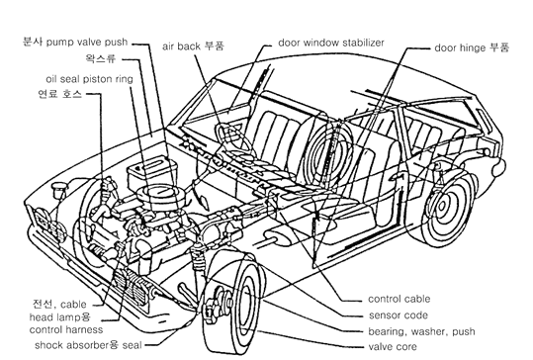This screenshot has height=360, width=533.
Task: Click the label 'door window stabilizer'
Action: (x=331, y=43)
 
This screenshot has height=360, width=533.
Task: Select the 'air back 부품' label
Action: (x=193, y=45)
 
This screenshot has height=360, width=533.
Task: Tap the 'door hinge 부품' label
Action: (x=472, y=47)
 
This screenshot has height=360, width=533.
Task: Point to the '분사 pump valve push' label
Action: (x=75, y=42)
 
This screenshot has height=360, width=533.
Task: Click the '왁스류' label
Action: (x=101, y=58)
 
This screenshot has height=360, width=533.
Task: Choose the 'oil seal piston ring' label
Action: (x=89, y=79)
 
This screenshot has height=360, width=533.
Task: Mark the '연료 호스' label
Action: (x=60, y=94)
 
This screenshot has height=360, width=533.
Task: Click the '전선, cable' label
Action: (x=59, y=304)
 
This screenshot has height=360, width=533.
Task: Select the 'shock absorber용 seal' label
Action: (x=88, y=345)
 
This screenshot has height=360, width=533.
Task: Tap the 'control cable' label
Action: (x=400, y=299)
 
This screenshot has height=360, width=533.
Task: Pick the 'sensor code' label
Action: (x=399, y=315)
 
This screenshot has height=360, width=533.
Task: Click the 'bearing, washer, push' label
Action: (x=421, y=331)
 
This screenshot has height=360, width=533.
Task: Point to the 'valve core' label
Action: (x=393, y=347)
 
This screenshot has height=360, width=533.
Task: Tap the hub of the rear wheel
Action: (x=442, y=206)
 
